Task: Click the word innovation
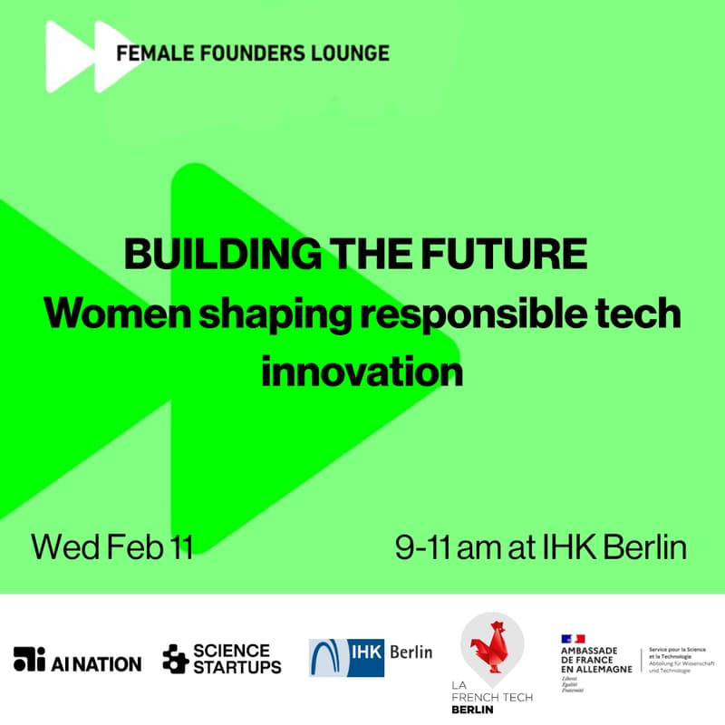click(x=362, y=371)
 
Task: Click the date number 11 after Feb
click(x=178, y=547)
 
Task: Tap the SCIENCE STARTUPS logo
click(x=222, y=659)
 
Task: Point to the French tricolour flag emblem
click(x=573, y=639)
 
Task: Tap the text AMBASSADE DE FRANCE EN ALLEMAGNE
click(x=595, y=660)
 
